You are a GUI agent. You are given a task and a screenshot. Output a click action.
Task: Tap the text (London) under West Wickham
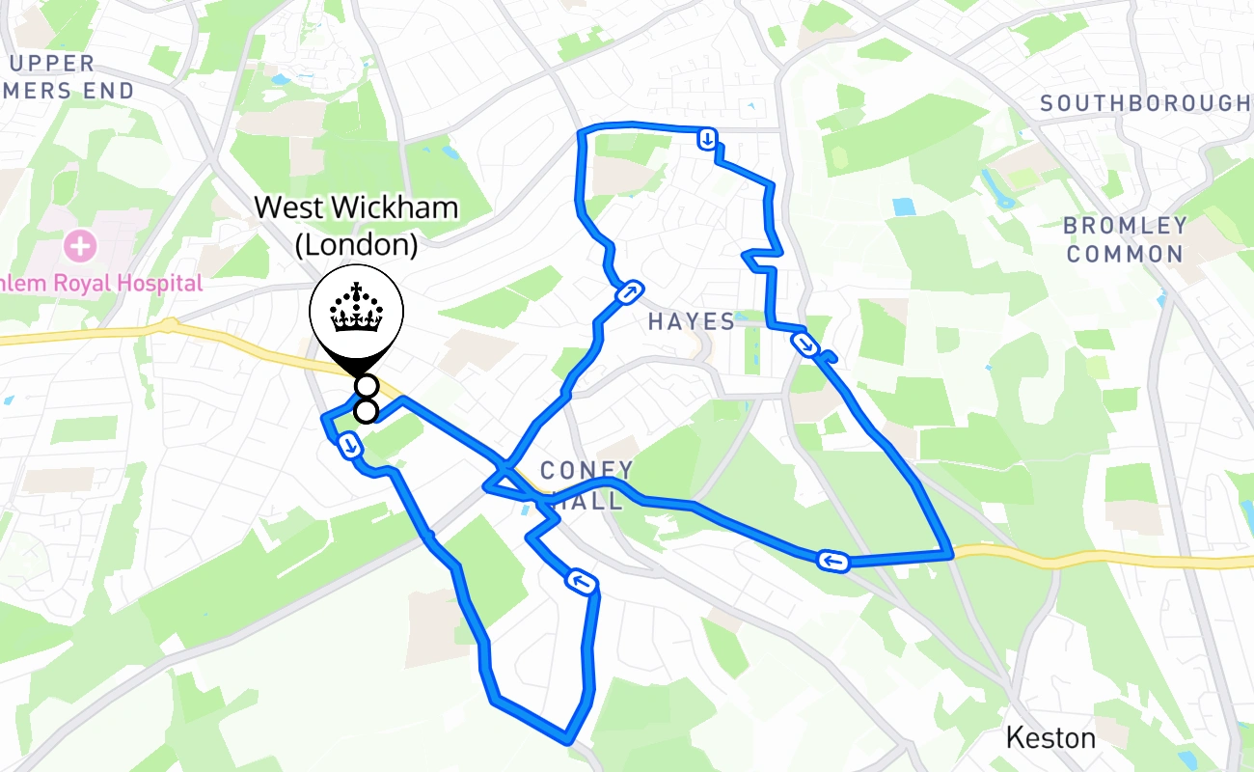[x=357, y=245]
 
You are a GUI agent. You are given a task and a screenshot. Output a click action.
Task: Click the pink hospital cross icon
[x=81, y=246]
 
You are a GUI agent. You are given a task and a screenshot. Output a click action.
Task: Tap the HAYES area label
[x=692, y=321]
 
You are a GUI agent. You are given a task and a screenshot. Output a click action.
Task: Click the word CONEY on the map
[x=586, y=471]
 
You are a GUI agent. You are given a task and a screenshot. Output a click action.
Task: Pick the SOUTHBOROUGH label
[x=1146, y=103]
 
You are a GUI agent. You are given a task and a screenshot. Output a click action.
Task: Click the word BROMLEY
[x=1125, y=226]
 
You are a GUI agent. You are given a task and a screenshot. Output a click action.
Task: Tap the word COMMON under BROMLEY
[x=1125, y=255]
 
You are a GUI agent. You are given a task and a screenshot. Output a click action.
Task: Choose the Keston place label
[x=1050, y=738]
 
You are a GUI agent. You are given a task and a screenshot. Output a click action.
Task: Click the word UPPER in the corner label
[x=54, y=64]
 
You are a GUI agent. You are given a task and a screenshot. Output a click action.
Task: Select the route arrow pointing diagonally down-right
[x=804, y=344]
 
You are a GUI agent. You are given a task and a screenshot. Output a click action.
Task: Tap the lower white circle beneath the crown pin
[x=366, y=412]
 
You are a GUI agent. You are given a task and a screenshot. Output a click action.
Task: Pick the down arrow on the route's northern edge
[x=708, y=140]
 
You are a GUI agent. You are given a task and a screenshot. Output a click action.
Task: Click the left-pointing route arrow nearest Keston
[x=832, y=561]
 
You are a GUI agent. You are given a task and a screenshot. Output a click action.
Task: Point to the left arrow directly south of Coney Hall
[x=582, y=582]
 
